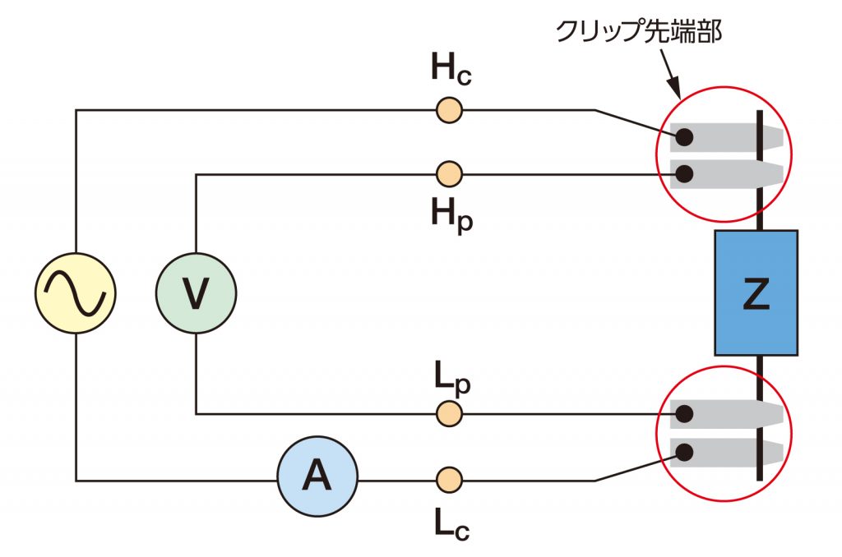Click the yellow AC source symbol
pos(75,293)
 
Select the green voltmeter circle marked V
pos(196,293)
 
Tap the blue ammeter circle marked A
pos(317,476)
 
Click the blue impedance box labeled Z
pos(756,292)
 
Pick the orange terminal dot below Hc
pos(448,109)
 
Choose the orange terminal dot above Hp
pos(448,173)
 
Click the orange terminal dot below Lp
pos(448,413)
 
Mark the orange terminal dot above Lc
pos(448,478)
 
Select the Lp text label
pos(450,376)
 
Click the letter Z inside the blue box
pos(756,294)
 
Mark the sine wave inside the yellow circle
pos(75,293)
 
